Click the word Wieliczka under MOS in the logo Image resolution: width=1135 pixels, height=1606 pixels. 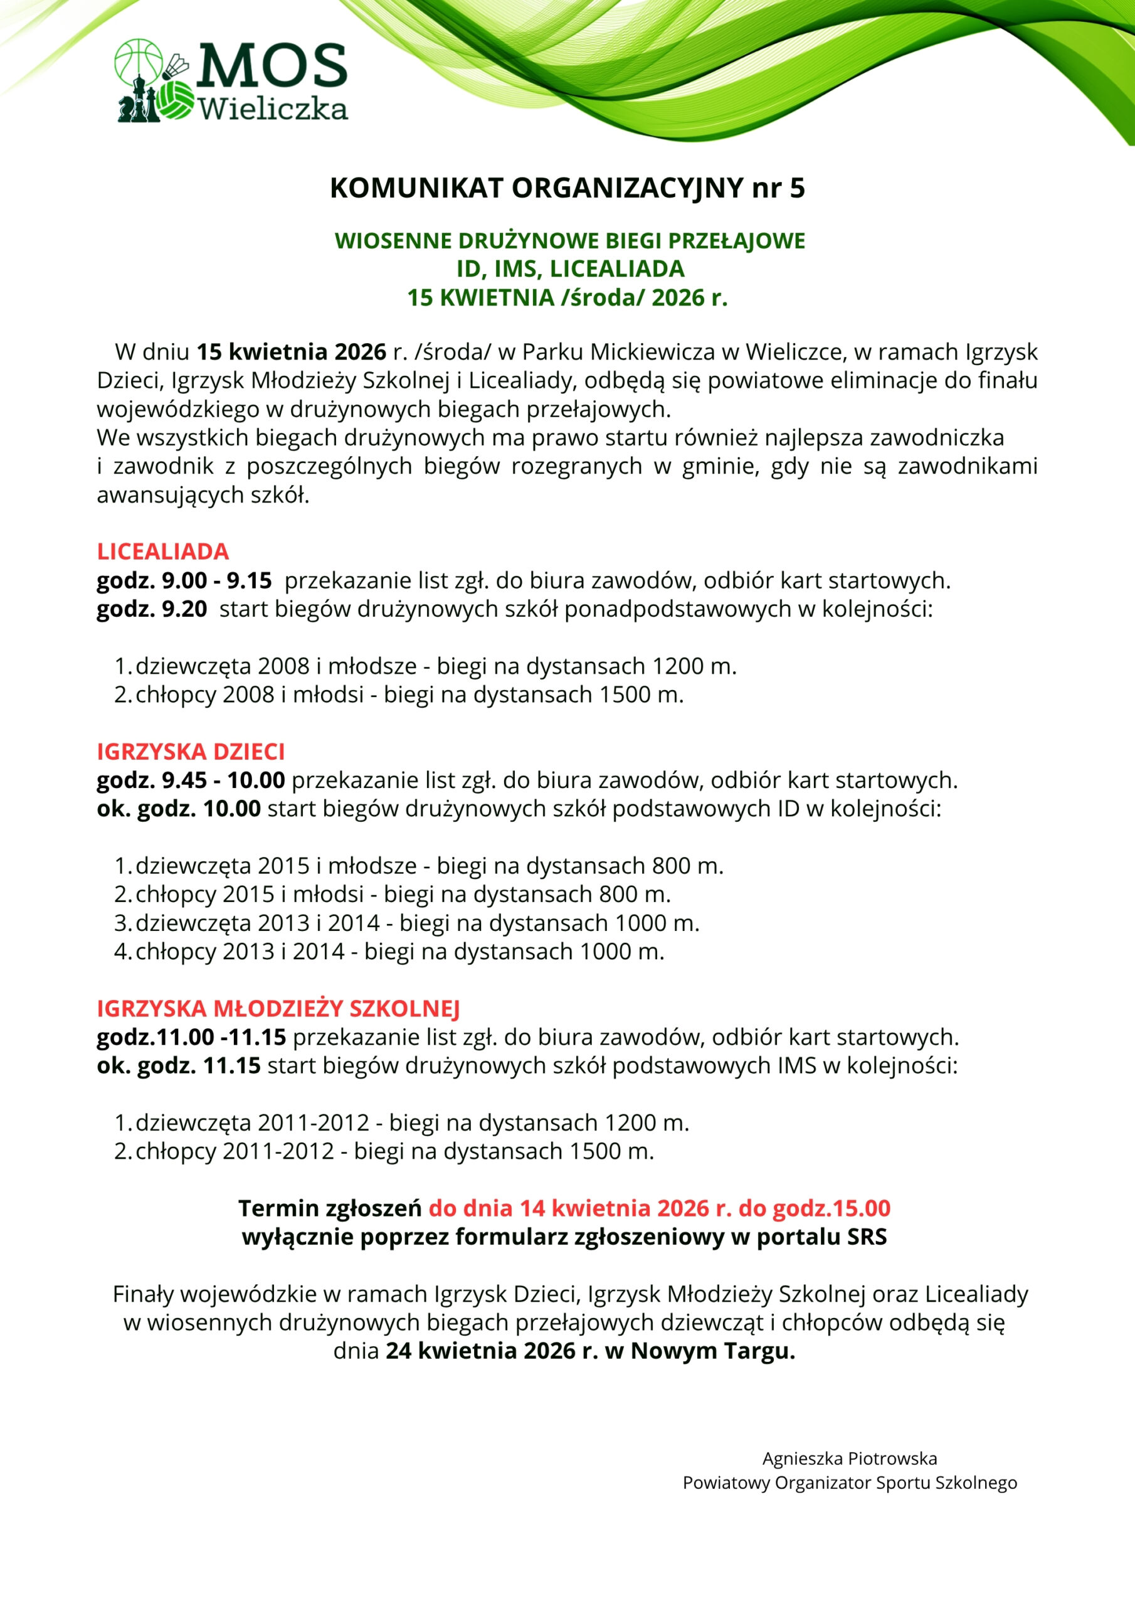pos(273,109)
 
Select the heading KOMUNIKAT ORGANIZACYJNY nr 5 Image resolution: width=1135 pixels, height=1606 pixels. pos(567,189)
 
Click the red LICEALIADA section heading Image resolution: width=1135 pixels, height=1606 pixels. pos(163,551)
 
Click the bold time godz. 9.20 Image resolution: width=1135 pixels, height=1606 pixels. pos(152,609)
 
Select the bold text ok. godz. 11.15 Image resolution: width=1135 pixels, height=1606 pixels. pos(178,1065)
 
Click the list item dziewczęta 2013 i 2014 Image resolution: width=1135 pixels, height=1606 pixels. pos(257,923)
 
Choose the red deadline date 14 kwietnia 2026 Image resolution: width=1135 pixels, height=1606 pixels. pos(603,1208)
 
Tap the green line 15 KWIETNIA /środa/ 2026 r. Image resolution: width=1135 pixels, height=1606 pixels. pos(567,298)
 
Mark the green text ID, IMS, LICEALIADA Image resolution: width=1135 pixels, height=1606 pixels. pos(570,269)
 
